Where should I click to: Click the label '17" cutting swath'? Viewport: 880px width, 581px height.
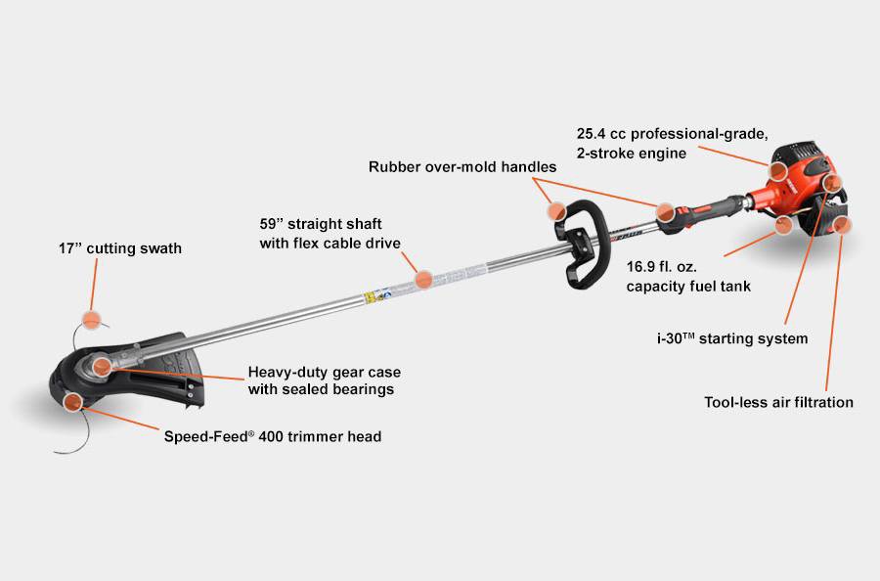[120, 248]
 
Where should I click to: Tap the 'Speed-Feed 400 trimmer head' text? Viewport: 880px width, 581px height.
[273, 436]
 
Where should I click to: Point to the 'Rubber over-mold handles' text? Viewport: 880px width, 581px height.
[462, 166]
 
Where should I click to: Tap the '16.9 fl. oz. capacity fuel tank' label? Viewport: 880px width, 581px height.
[688, 277]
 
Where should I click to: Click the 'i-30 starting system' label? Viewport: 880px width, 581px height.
[732, 338]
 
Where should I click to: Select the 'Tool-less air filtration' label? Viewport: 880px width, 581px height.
[778, 402]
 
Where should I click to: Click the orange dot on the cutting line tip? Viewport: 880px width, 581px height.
[91, 320]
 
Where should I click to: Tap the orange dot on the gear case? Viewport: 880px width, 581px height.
[102, 366]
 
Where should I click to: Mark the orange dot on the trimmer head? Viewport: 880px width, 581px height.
[73, 402]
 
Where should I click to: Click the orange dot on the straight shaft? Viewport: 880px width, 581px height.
[423, 279]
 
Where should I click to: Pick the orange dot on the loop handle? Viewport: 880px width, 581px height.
[556, 210]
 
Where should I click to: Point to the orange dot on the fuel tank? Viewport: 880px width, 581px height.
[783, 225]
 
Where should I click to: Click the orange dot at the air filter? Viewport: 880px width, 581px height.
[841, 225]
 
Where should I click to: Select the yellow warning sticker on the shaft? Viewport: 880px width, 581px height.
[370, 297]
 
